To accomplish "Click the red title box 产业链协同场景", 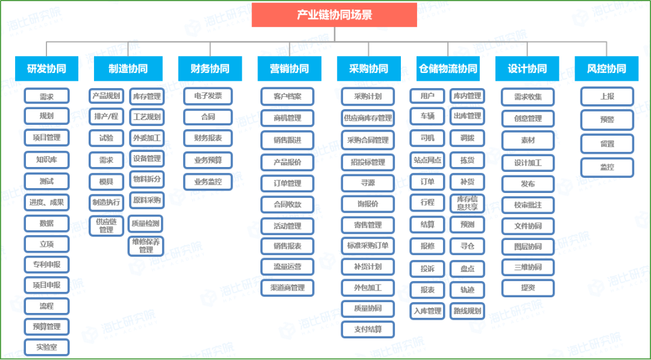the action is (x=334, y=15).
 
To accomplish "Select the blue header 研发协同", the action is (x=46, y=69).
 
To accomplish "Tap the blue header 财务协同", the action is (x=210, y=69).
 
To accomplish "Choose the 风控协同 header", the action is (x=606, y=69).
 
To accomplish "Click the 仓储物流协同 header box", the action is (x=448, y=69).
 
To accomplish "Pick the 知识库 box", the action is (x=46, y=160).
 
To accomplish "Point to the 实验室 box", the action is (x=46, y=347).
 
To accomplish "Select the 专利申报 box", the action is (x=46, y=265).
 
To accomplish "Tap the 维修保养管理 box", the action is (x=146, y=246).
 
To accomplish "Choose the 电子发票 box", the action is (x=208, y=96).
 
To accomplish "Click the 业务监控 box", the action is (x=208, y=182).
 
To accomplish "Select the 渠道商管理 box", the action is (x=288, y=288).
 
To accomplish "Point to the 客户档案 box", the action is (x=288, y=96).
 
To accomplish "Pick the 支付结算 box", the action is (x=368, y=330).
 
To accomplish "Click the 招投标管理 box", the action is (x=368, y=162).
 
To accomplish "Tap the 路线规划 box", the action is (x=468, y=311).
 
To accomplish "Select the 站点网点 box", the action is (x=427, y=160).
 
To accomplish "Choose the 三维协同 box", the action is (x=528, y=267).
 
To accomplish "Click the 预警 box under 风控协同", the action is (x=607, y=120).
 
